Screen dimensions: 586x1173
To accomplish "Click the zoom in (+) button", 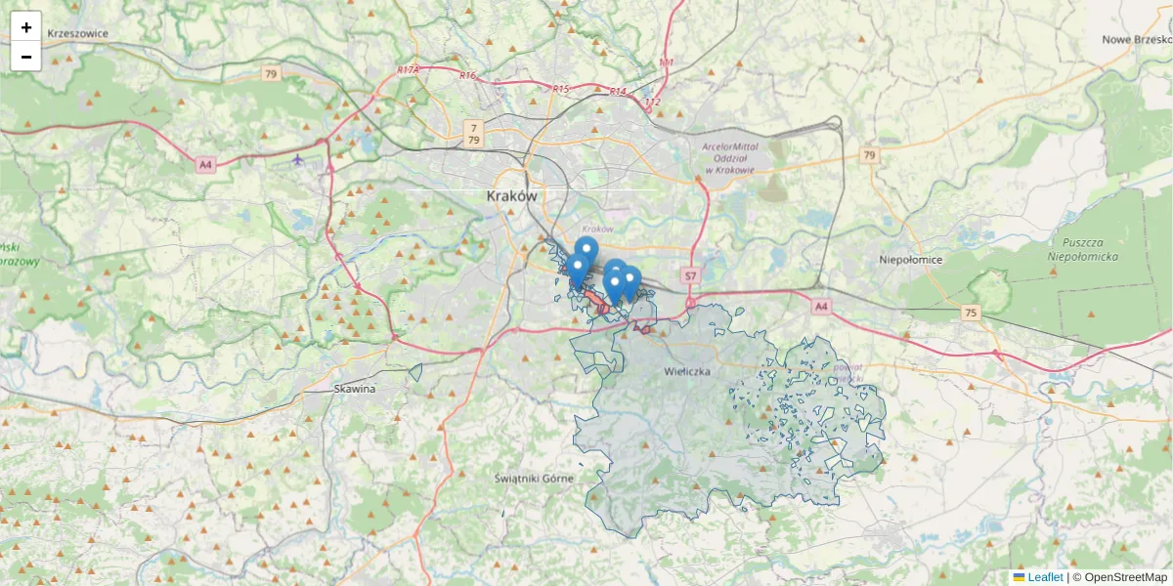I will click(x=26, y=27).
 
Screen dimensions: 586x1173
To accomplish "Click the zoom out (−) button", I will click(x=26, y=57).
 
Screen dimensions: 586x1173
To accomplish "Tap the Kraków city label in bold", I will click(x=512, y=196).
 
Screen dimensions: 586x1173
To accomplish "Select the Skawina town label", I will click(x=354, y=389).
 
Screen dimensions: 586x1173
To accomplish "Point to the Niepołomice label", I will click(x=910, y=260).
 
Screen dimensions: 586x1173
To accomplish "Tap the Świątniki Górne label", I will click(x=534, y=478).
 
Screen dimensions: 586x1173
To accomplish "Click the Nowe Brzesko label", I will click(x=1136, y=40).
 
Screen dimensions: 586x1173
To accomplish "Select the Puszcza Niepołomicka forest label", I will click(x=1082, y=249).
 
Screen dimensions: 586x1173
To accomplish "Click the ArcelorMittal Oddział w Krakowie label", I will click(x=728, y=158).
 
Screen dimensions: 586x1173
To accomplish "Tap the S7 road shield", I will click(x=690, y=276).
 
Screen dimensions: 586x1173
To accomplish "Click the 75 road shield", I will click(x=970, y=313).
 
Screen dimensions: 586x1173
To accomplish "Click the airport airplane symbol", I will click(x=297, y=160).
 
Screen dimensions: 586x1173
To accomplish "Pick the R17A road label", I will click(x=409, y=70).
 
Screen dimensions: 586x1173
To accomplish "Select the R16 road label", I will click(x=467, y=76).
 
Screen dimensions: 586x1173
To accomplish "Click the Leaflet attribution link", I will click(x=1044, y=577).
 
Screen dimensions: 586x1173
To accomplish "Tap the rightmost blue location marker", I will click(x=630, y=280).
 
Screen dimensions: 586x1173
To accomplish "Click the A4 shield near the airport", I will click(x=204, y=165).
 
